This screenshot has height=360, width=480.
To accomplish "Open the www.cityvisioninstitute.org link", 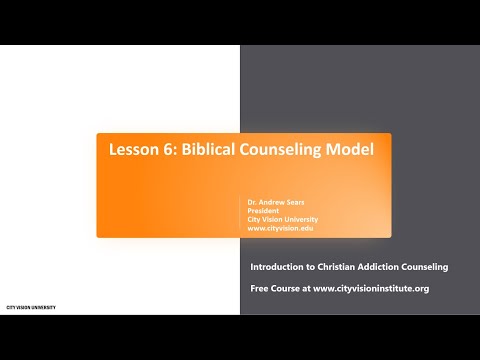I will pyautogui.click(x=372, y=288).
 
